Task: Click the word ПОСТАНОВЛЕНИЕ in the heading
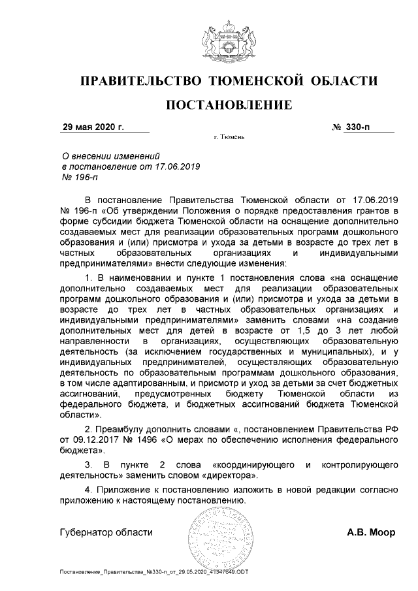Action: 228,104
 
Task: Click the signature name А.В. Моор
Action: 371,532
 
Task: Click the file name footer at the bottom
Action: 154,572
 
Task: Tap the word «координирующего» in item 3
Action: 242,464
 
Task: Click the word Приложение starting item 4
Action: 125,489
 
